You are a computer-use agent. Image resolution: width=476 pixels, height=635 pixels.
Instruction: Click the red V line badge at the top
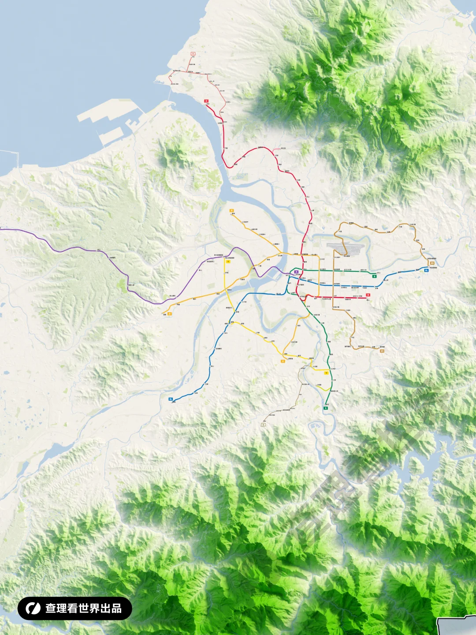tap(193, 54)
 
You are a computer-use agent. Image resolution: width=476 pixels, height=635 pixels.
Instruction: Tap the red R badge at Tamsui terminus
tap(206, 101)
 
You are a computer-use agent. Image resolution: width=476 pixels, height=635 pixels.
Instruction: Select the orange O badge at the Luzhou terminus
tap(231, 211)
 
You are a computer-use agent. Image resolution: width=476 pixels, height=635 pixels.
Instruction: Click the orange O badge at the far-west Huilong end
tap(170, 314)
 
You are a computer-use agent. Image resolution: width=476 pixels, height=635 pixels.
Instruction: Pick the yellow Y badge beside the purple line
tap(228, 261)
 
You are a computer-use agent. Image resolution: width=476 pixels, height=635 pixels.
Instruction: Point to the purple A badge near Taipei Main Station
tap(296, 272)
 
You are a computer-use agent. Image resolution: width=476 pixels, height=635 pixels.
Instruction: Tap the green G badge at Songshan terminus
tap(374, 276)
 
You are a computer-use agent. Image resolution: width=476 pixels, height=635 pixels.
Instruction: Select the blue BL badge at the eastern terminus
tap(426, 270)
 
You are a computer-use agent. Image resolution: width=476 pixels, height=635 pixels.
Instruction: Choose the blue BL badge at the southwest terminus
tap(171, 399)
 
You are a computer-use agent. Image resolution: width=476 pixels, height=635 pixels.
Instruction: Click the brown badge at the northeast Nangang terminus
tap(432, 263)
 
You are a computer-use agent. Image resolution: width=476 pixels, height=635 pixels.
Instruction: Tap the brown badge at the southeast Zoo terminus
tap(382, 351)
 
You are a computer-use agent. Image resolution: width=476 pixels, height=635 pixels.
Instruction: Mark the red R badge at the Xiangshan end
tap(368, 295)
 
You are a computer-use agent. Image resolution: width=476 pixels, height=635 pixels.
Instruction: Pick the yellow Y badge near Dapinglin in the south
tap(326, 373)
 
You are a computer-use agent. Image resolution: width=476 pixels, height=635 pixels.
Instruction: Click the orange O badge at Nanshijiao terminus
tap(283, 361)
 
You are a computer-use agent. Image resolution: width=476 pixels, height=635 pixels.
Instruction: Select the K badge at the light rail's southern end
tap(264, 425)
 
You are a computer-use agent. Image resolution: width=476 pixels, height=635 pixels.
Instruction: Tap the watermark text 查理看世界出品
tap(83, 609)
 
